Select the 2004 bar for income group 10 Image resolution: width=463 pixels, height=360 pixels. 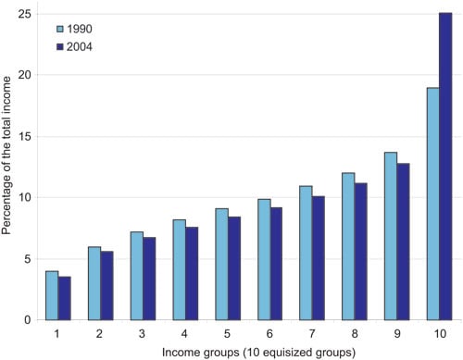[445, 167]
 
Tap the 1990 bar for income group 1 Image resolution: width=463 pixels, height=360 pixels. [52, 295]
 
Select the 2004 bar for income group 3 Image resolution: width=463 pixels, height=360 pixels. [148, 279]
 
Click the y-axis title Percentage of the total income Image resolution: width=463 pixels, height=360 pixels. [7, 167]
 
